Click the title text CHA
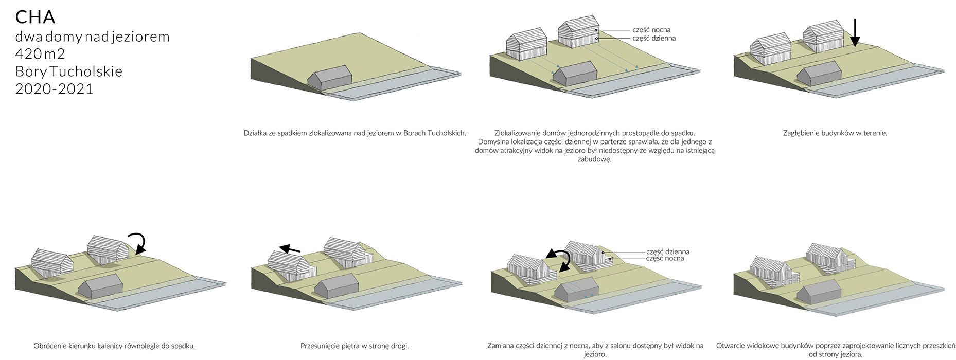point(35,17)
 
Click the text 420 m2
point(40,54)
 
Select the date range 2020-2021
point(54,89)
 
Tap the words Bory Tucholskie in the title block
point(69,71)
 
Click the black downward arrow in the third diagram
point(855,32)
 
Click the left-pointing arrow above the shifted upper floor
point(290,249)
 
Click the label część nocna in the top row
point(651,30)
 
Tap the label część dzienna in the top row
point(654,38)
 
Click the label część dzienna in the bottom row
point(668,251)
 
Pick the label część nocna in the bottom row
point(665,259)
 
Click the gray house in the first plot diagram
point(330,78)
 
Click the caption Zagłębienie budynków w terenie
point(835,133)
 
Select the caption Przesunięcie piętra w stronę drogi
point(355,346)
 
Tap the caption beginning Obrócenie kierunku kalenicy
point(114,346)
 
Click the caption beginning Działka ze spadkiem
point(355,133)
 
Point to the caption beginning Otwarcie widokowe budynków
point(836,350)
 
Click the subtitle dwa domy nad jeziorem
point(93,37)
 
